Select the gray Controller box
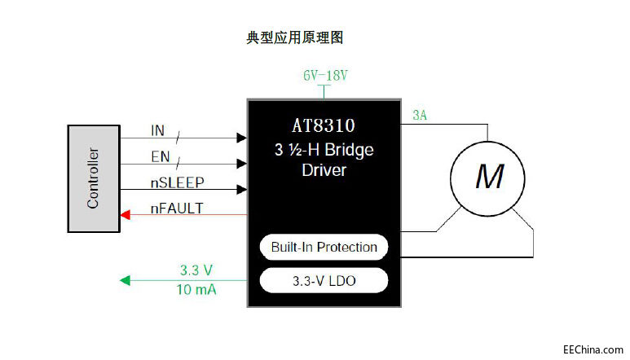coord(93,178)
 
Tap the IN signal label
coord(158,131)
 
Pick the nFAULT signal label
coord(177,209)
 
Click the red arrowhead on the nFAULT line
coord(125,215)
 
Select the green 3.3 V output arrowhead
coord(125,280)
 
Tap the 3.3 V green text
coord(196,270)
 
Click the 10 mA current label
coord(196,289)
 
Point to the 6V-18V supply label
coord(325,76)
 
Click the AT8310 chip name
coord(324,126)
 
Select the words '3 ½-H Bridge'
coord(324,151)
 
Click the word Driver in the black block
coord(324,170)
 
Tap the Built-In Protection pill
coord(324,247)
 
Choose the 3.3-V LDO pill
coord(324,281)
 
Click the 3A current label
coord(420,116)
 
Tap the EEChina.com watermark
coord(593,349)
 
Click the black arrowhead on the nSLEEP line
coord(242,189)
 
